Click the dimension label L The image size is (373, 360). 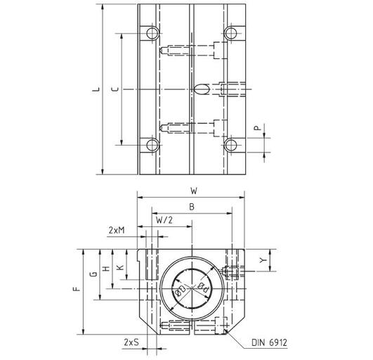[96, 89]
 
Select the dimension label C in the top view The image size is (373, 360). [114, 89]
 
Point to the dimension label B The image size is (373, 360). [192, 207]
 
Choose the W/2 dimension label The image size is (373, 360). [164, 219]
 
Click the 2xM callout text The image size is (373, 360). [118, 230]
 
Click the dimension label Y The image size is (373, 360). [263, 261]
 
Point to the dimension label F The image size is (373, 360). [77, 289]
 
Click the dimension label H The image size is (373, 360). [105, 269]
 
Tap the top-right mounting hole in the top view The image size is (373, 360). [230, 33]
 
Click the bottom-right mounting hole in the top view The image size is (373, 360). [230, 146]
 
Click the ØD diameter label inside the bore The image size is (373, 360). [181, 290]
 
